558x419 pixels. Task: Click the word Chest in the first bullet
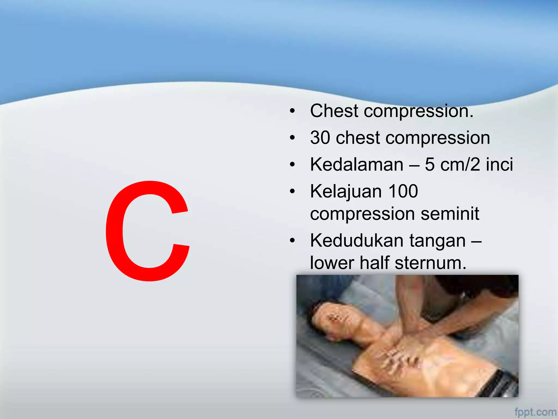[334, 111]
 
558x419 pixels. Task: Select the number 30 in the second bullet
[320, 137]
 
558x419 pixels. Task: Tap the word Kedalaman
[357, 164]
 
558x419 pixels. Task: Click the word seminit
[450, 214]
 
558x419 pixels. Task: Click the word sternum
[430, 263]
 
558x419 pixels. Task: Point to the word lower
[332, 263]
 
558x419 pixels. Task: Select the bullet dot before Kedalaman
[292, 165]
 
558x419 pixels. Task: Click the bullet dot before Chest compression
[292, 111]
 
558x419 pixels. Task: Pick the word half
[375, 263]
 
